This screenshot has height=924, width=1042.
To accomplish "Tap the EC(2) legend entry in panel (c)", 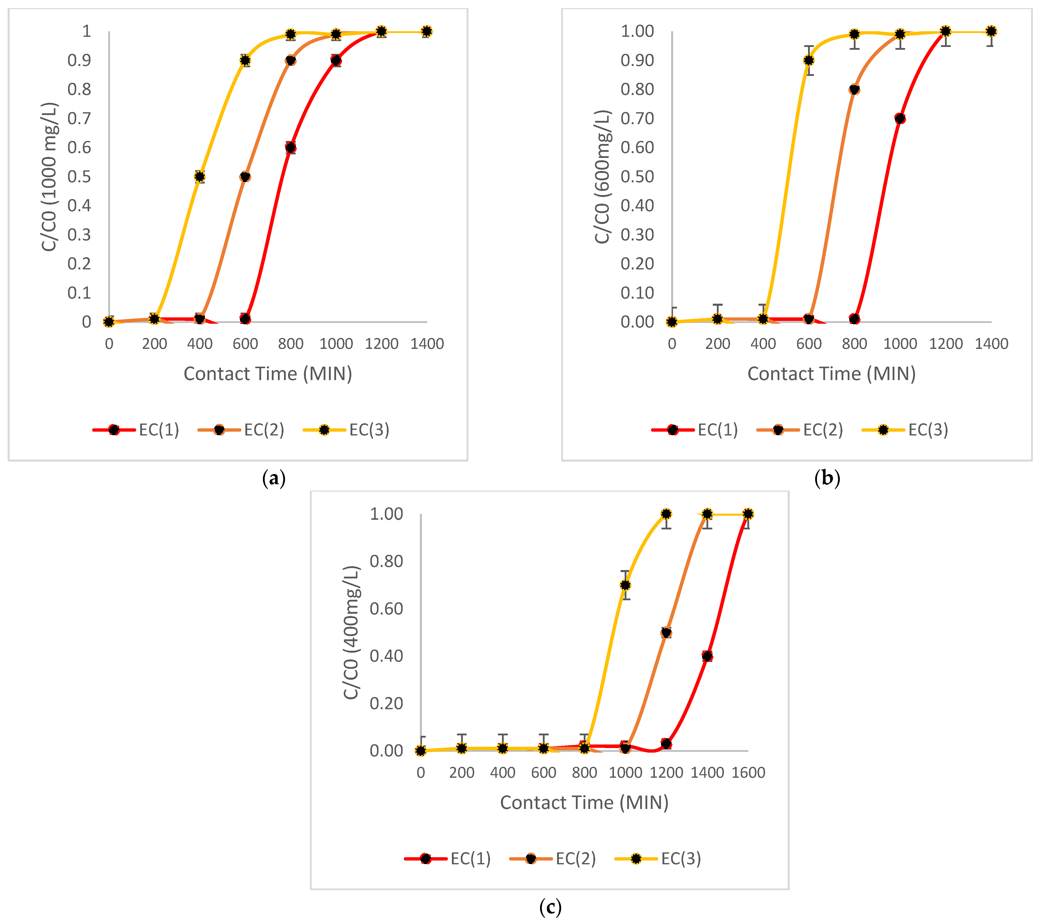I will click(x=553, y=859).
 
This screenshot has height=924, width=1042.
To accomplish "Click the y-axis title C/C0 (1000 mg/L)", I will click(x=50, y=177).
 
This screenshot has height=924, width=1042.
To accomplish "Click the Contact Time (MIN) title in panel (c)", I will click(x=584, y=803).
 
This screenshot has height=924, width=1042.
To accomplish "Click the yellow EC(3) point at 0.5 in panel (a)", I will click(x=200, y=177).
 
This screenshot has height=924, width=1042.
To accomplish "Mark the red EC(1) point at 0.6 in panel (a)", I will click(x=291, y=148).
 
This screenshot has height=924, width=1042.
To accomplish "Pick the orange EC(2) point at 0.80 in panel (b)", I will click(x=854, y=90).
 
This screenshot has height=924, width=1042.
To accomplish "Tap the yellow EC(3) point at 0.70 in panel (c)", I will click(x=625, y=585).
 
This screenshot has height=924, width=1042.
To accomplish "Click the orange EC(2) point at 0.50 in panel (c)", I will click(x=666, y=633).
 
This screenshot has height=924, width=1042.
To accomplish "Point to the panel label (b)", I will click(x=827, y=478).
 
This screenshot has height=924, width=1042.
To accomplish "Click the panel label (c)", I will click(x=550, y=907).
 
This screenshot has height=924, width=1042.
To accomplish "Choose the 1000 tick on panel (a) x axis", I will click(x=336, y=344).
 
